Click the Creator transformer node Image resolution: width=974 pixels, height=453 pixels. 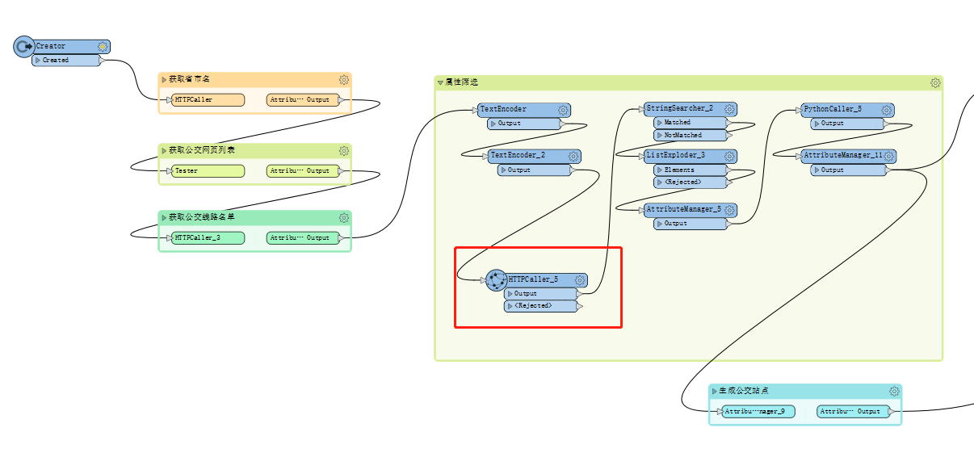click(65, 46)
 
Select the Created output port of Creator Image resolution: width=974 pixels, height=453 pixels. click(65, 60)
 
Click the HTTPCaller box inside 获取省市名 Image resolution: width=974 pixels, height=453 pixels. click(208, 100)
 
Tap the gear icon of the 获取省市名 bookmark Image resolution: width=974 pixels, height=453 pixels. click(344, 80)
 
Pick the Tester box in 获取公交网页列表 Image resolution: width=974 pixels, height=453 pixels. click(208, 171)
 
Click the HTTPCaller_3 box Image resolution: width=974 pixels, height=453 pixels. click(208, 238)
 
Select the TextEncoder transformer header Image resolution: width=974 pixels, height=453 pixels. click(517, 109)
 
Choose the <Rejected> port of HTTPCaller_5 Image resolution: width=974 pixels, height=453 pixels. click(539, 306)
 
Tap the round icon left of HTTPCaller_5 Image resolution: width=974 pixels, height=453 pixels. click(496, 279)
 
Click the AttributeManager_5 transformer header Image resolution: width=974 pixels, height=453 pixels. click(683, 209)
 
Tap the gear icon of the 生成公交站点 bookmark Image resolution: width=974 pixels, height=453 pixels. click(894, 392)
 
